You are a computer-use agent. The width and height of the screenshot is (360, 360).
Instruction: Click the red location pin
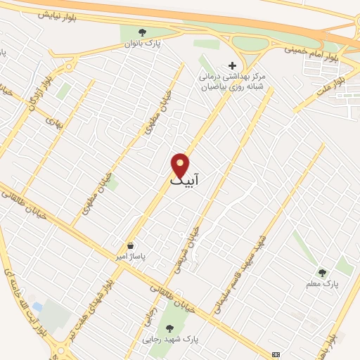click(x=181, y=165)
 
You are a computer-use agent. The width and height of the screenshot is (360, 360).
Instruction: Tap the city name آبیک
click(x=185, y=181)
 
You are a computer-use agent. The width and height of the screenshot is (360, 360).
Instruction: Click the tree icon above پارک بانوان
click(x=143, y=32)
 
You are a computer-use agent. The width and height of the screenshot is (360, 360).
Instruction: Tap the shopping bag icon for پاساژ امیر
click(x=131, y=245)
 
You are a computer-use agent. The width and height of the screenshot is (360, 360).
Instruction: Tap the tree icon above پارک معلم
click(x=322, y=272)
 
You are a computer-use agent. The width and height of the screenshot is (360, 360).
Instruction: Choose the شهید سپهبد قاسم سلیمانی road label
click(x=243, y=271)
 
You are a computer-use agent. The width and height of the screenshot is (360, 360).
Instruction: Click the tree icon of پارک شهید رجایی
click(x=169, y=328)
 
